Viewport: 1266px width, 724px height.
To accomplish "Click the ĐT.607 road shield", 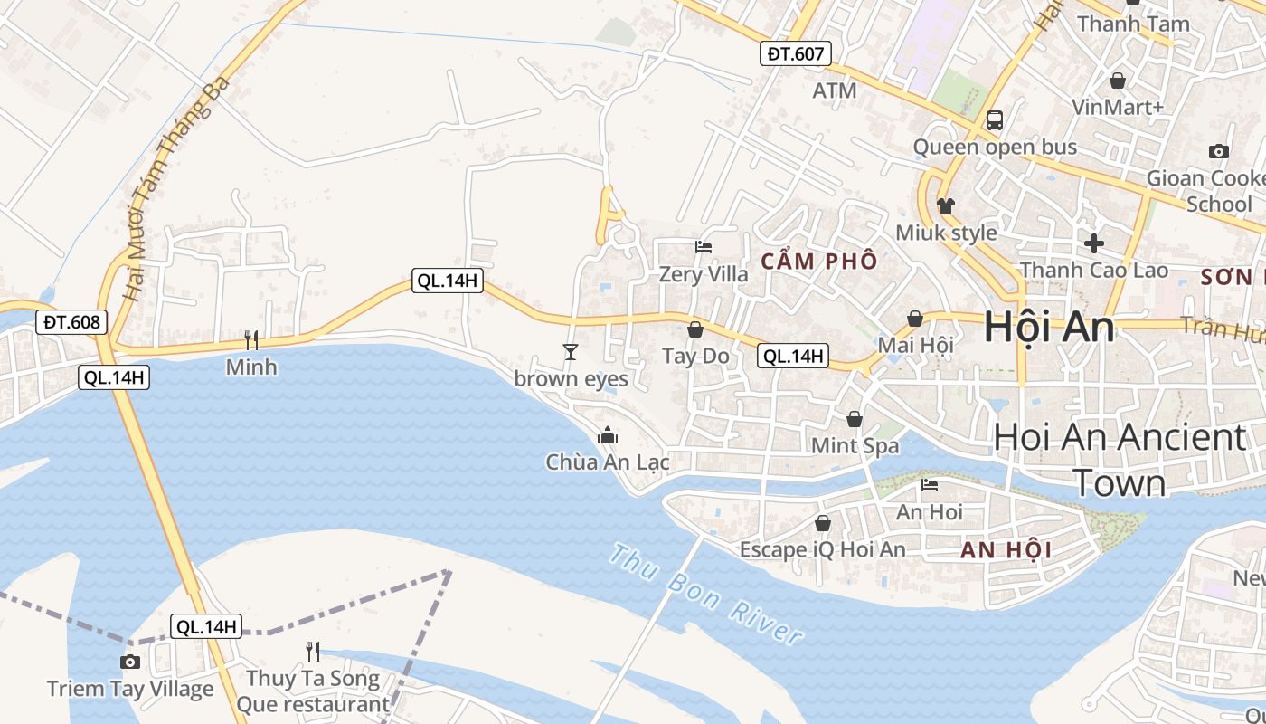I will pyautogui.click(x=795, y=53).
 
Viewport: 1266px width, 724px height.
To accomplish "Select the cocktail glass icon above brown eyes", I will pyautogui.click(x=570, y=351).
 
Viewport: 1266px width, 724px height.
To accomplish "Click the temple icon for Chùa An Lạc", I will pyautogui.click(x=608, y=436).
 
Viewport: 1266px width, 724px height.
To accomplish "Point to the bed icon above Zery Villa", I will pyautogui.click(x=704, y=246).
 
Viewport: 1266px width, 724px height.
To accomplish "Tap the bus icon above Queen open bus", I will pyautogui.click(x=995, y=119).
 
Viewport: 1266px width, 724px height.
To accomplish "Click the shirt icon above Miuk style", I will pyautogui.click(x=946, y=205).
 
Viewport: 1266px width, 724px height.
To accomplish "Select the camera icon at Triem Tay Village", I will pyautogui.click(x=130, y=662).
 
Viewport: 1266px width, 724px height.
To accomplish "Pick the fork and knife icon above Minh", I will pyautogui.click(x=251, y=340).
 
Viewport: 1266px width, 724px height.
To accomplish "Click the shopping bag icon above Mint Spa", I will pyautogui.click(x=855, y=419).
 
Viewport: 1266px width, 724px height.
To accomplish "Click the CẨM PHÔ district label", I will pyautogui.click(x=818, y=262).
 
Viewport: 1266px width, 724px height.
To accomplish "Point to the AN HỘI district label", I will pyautogui.click(x=1006, y=549).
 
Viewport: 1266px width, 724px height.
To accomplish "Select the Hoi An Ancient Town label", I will pyautogui.click(x=1120, y=460).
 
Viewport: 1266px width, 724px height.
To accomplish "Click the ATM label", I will pyautogui.click(x=834, y=90).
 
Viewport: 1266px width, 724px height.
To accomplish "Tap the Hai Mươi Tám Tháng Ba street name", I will pyautogui.click(x=177, y=190).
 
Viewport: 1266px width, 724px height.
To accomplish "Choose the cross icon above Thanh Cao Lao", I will pyautogui.click(x=1094, y=243).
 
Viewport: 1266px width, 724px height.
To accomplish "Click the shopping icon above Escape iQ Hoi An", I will pyautogui.click(x=823, y=523).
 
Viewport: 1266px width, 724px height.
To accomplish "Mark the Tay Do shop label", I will pyautogui.click(x=695, y=356).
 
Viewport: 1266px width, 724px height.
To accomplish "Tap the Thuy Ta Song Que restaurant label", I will pyautogui.click(x=313, y=691).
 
